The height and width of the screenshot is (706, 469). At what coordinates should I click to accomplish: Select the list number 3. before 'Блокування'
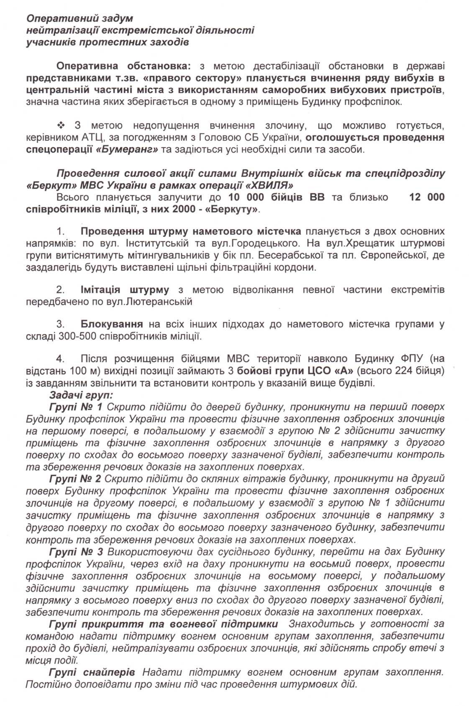tap(61, 324)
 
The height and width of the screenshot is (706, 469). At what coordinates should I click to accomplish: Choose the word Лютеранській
tap(159, 301)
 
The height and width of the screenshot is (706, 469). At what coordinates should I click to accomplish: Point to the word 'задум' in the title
tap(118, 19)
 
